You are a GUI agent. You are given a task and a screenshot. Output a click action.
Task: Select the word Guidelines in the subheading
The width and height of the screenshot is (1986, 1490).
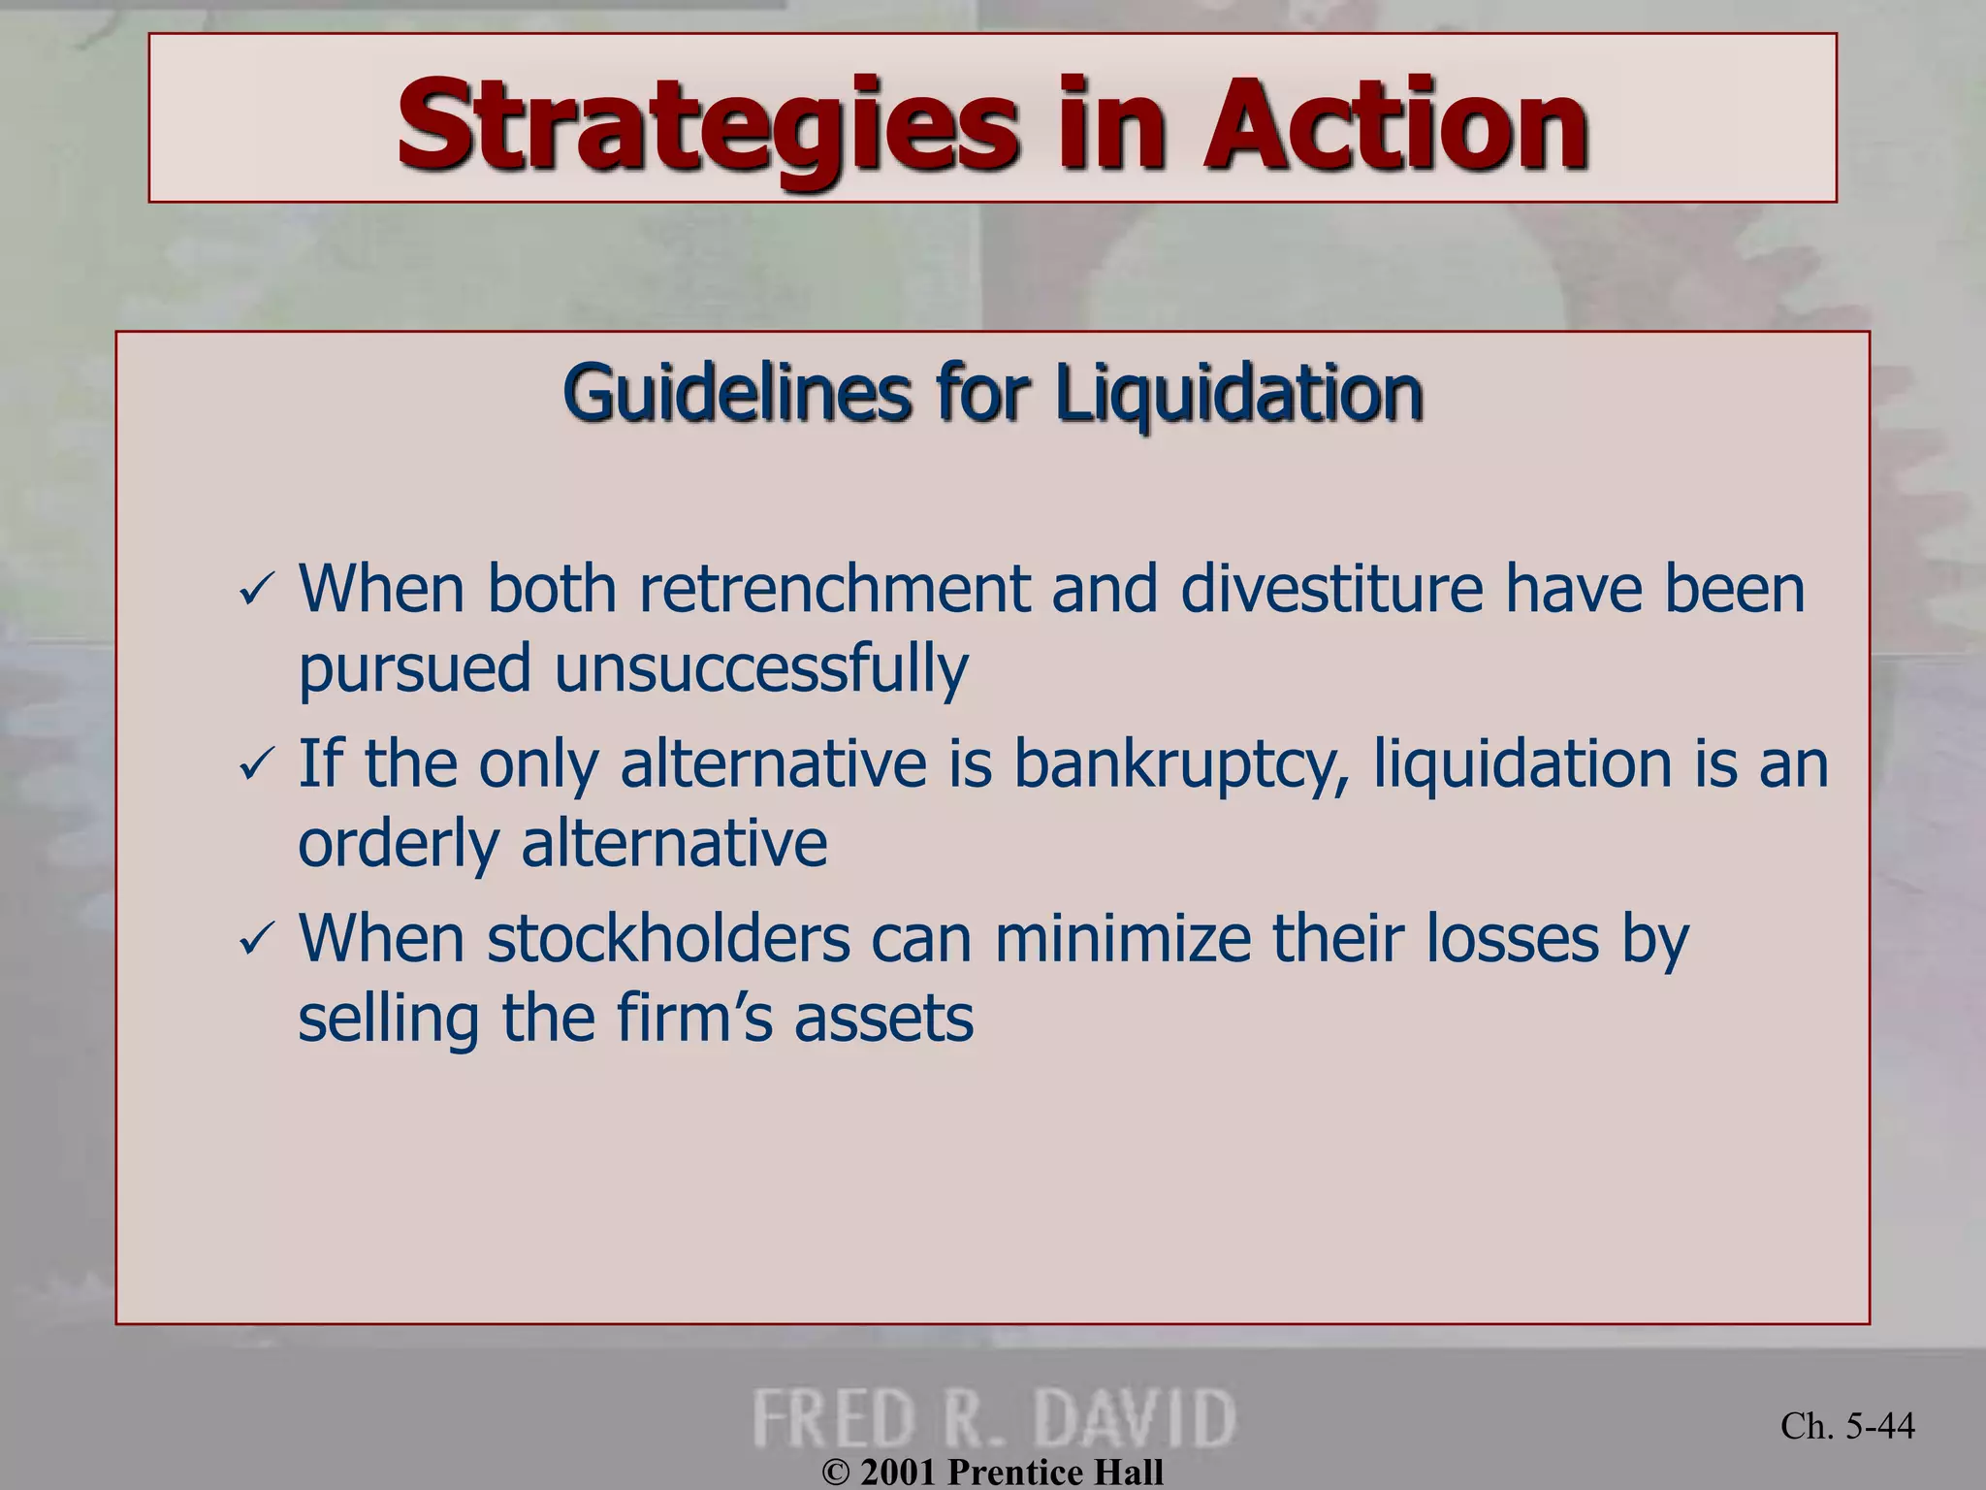click(736, 394)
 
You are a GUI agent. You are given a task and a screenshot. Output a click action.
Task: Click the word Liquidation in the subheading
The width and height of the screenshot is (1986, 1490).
click(1238, 394)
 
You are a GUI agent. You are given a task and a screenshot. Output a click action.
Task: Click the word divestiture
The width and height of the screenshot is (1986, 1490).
click(1331, 589)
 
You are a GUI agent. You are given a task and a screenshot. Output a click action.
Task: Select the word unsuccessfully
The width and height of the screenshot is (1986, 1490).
click(761, 669)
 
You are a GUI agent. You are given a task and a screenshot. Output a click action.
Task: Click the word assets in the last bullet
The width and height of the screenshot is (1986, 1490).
click(883, 1019)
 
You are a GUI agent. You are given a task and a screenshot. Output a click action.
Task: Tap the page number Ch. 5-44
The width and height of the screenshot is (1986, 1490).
click(1847, 1425)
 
